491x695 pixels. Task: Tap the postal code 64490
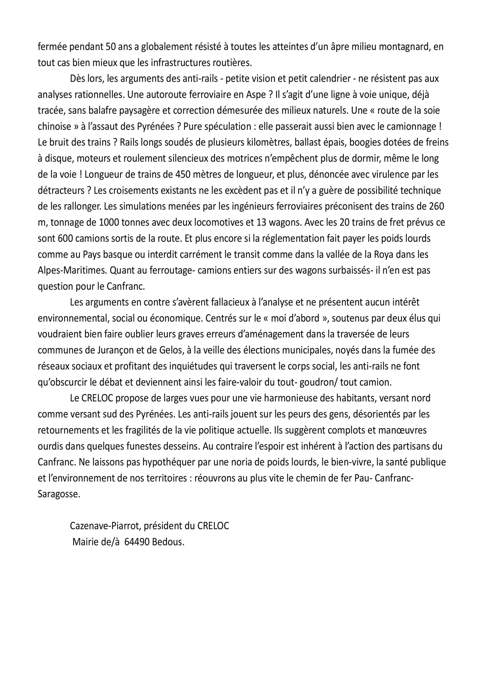click(137, 542)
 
